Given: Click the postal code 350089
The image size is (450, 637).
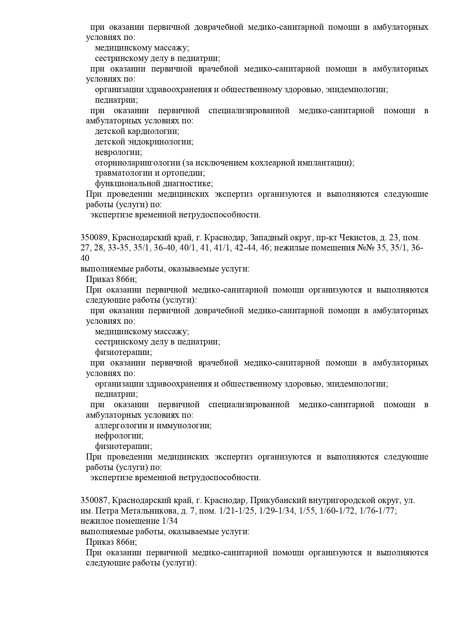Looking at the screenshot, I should coord(94,238).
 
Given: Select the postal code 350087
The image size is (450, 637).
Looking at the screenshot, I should coord(94,501).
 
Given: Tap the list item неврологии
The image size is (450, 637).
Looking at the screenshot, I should coord(118,152).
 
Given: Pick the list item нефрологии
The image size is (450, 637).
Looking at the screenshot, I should coord(119,436).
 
